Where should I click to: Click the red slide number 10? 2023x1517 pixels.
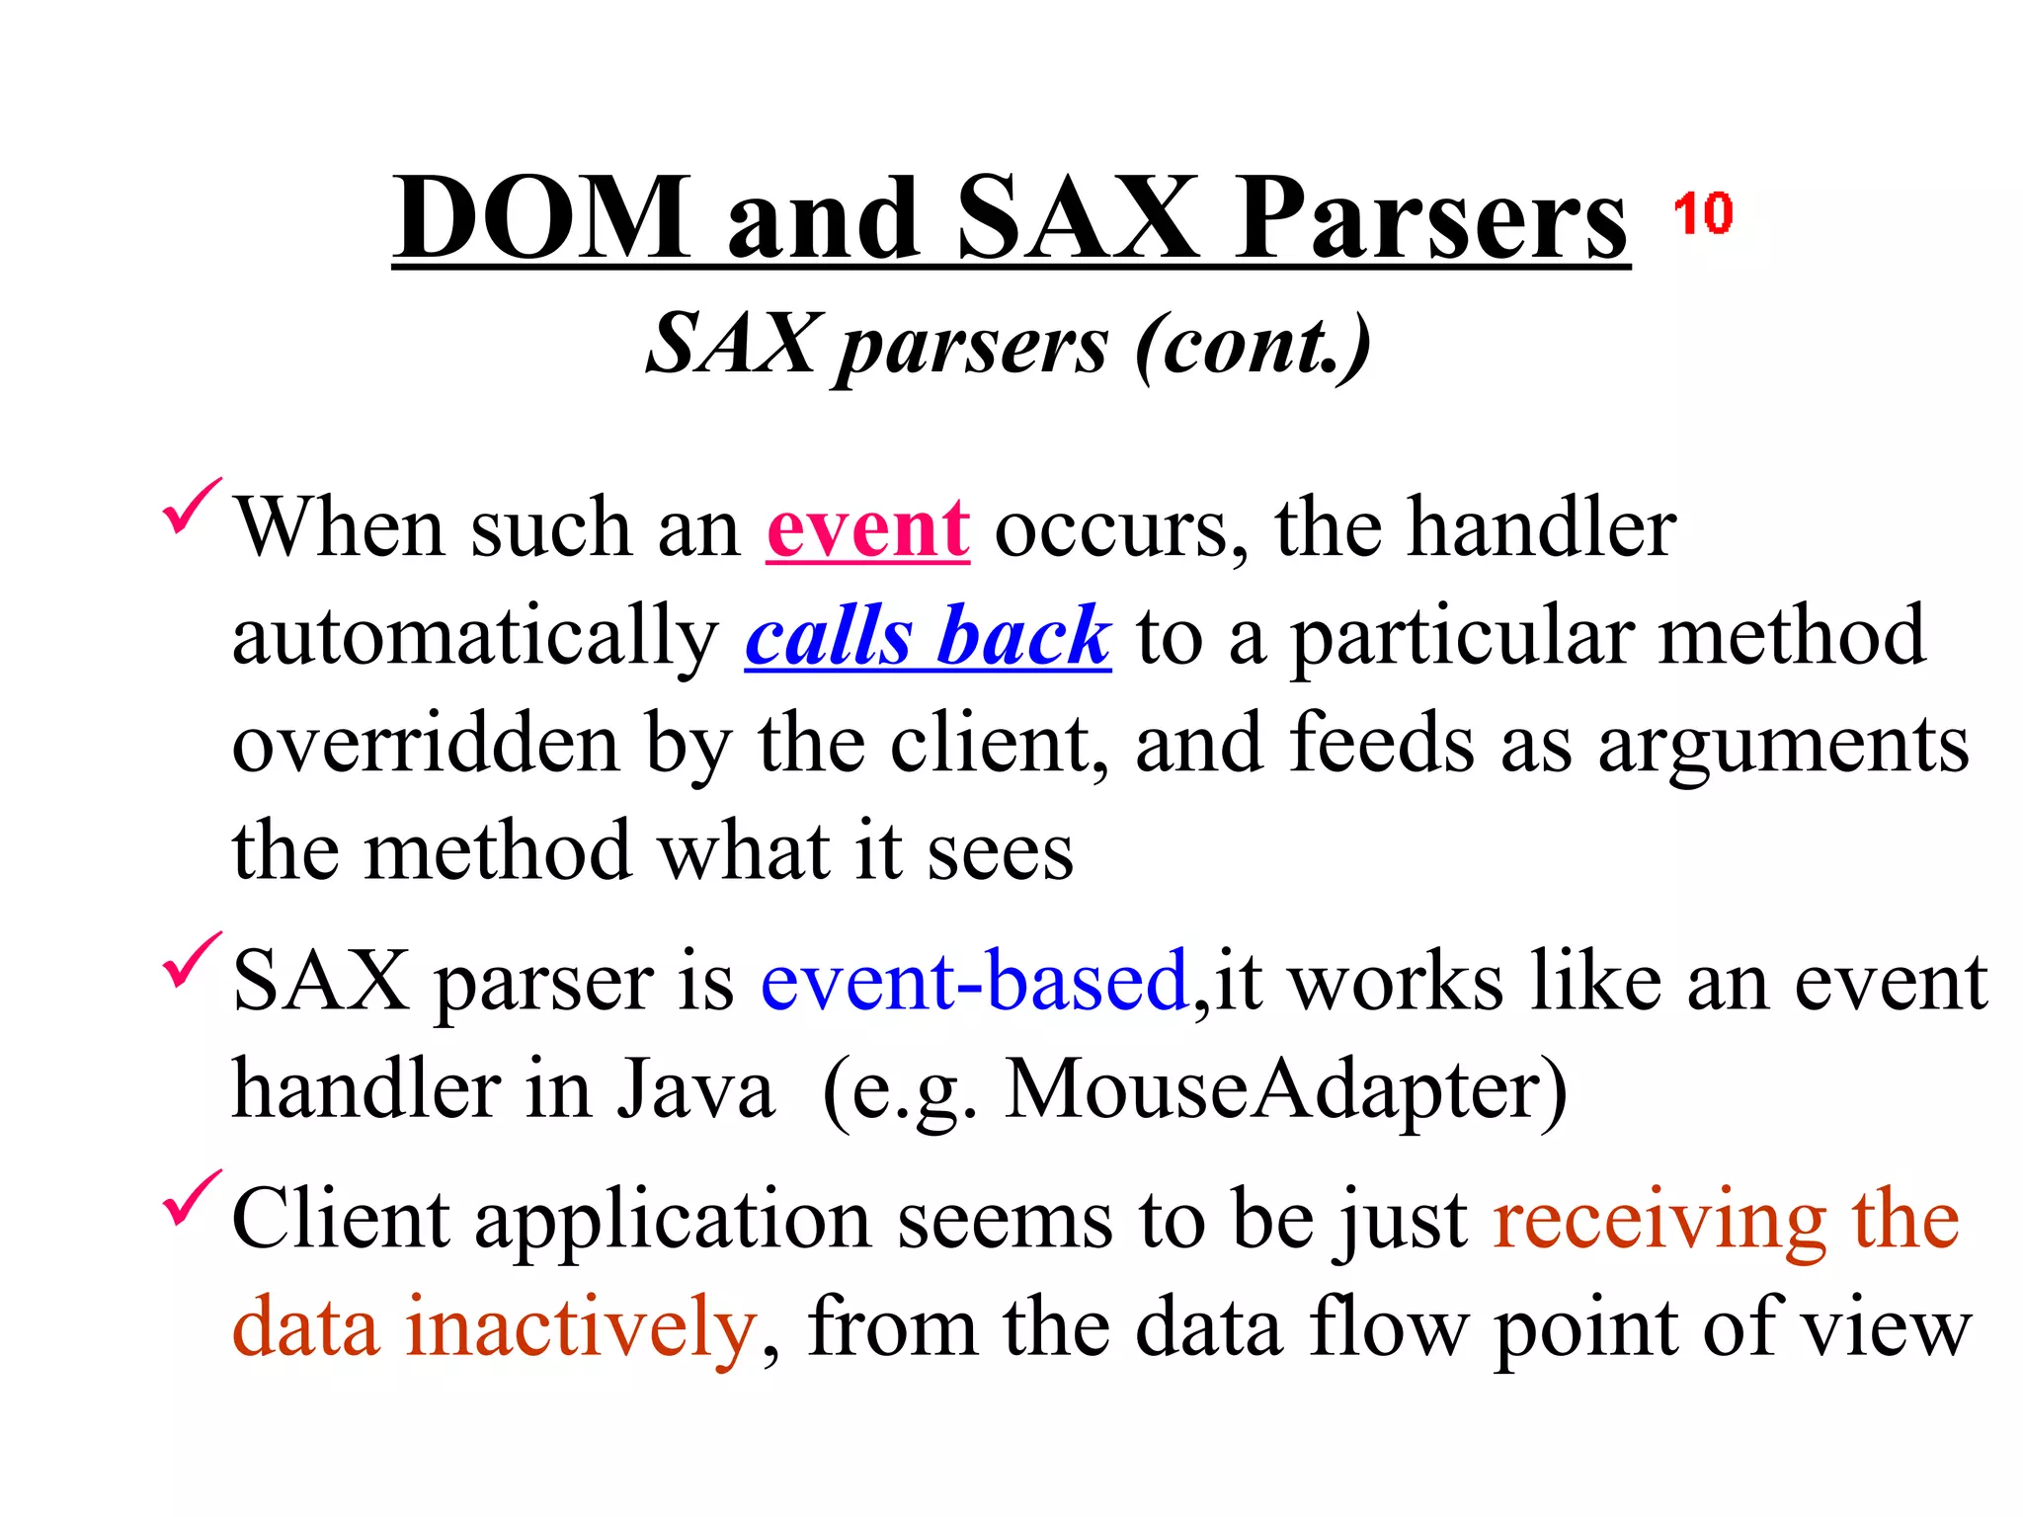coord(1702,213)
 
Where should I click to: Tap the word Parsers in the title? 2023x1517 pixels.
coord(1431,219)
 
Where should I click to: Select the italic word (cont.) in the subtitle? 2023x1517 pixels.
coord(1253,344)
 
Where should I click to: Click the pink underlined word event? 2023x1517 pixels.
coord(867,528)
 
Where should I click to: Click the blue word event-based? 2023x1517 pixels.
coord(974,981)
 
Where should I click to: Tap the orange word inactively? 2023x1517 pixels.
coord(580,1326)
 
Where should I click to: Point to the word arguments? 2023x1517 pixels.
coord(1783,747)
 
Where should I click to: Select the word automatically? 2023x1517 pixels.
coord(475,638)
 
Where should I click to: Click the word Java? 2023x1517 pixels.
coord(695,1090)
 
